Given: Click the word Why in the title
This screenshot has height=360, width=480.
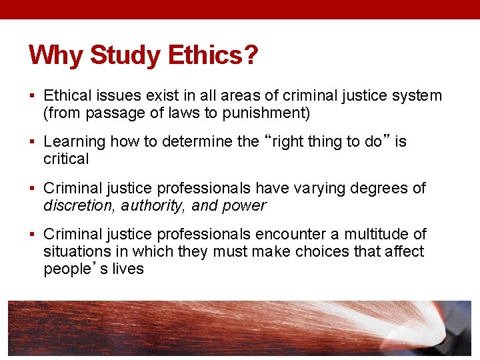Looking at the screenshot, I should [56, 55].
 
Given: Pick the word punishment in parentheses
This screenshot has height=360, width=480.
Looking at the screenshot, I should [266, 113].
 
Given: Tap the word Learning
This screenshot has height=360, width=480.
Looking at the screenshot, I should [75, 141].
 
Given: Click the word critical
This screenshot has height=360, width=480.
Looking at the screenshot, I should [66, 159].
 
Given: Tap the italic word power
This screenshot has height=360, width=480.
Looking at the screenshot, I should [246, 205].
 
